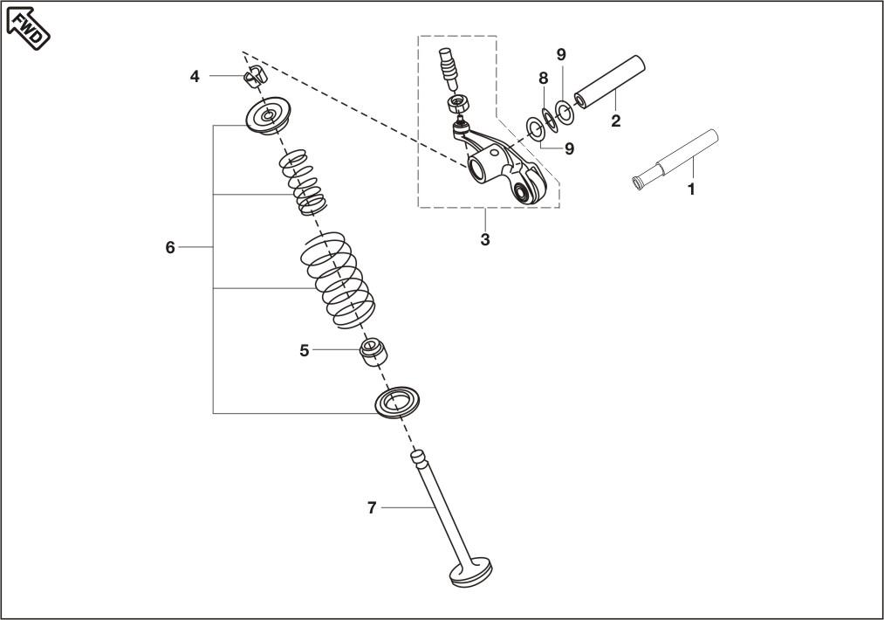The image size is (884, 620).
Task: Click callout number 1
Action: [x=691, y=189]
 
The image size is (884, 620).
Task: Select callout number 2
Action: [x=615, y=121]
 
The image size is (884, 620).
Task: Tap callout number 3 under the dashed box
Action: [x=485, y=240]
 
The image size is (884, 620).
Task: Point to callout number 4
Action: [x=195, y=76]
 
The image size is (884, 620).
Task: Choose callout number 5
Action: [x=305, y=351]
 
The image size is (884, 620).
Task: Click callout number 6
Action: [x=170, y=247]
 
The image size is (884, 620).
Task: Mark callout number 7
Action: [x=372, y=507]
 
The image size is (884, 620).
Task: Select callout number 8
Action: [x=543, y=79]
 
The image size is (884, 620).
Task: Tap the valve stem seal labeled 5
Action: [x=374, y=352]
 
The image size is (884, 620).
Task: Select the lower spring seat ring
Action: [x=397, y=403]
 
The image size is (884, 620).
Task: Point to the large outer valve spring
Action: [x=336, y=279]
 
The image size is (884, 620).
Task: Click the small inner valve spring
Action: [x=304, y=182]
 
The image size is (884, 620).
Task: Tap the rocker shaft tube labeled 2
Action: [x=609, y=81]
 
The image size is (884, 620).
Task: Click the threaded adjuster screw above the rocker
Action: [x=449, y=67]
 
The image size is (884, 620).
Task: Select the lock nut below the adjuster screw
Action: [x=458, y=104]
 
